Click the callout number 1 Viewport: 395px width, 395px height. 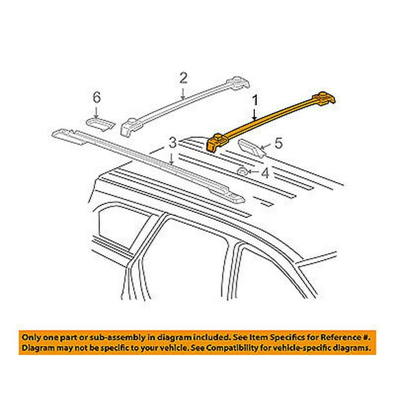pos(255,101)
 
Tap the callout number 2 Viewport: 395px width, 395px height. pos(183,78)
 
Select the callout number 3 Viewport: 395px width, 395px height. pos(172,143)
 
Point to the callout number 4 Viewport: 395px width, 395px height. pos(265,173)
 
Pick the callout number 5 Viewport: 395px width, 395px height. pos(278,143)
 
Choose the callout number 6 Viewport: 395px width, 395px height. pos(97,97)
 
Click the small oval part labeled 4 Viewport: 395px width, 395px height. pos(242,172)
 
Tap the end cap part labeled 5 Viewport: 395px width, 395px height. pos(251,148)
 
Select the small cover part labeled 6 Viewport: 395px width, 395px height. pos(100,124)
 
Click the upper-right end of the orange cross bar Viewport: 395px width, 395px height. pos(325,98)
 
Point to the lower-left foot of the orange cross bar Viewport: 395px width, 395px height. pos(215,144)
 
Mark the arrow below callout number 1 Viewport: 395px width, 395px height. pos(255,114)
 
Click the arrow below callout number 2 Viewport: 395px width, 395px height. pos(183,93)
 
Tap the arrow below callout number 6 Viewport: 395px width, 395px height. pos(96,112)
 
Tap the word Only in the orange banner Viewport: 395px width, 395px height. pos(30,338)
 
